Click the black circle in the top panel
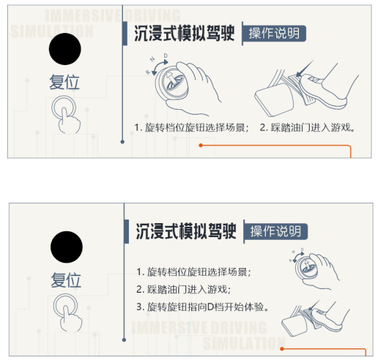point(65,49)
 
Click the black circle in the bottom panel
point(67,247)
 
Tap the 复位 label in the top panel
point(64,82)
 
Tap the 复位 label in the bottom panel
point(66,280)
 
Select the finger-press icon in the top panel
point(65,114)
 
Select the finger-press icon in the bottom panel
point(67,312)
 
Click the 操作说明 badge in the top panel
point(274,34)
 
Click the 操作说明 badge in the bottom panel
point(275,231)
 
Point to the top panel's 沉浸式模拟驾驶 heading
point(185,34)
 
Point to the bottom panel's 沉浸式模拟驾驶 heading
point(186,231)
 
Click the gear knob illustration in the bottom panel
point(315,269)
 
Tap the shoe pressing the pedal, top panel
point(322,91)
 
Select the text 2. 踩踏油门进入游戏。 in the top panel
point(307,127)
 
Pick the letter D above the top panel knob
point(166,56)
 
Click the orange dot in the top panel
point(201,146)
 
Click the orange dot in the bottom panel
point(282,349)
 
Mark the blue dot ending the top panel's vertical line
point(122,142)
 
